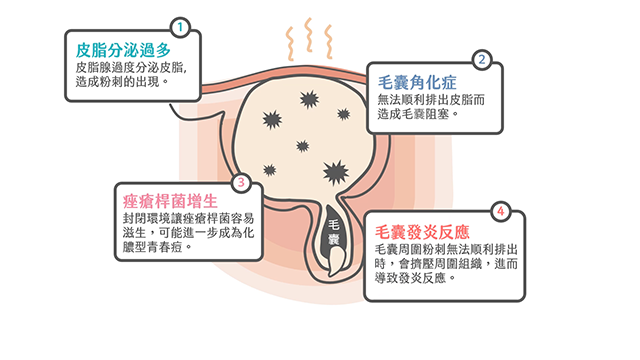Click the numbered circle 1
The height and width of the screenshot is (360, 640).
pyautogui.click(x=179, y=27)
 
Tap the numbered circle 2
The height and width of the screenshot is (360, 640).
pyautogui.click(x=483, y=60)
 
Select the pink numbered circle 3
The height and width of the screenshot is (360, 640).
pyautogui.click(x=240, y=183)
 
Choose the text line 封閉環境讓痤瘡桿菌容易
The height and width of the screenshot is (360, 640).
pyautogui.click(x=181, y=215)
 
